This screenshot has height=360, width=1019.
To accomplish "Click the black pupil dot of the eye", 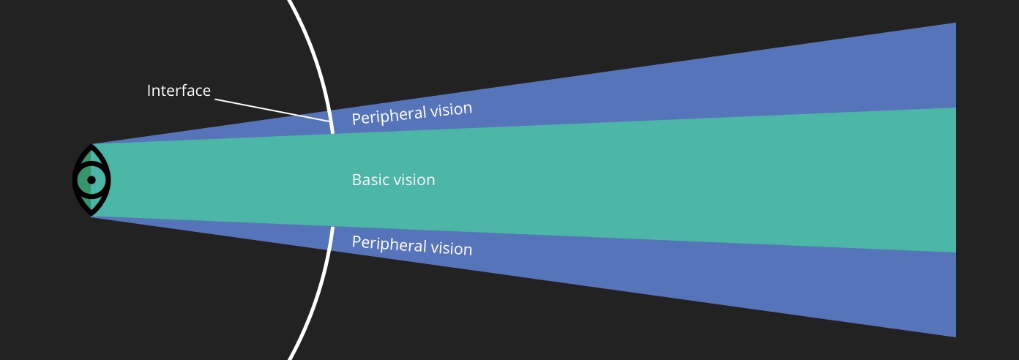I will click(92, 179).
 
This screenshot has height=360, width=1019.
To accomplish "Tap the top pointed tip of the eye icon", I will click(92, 146).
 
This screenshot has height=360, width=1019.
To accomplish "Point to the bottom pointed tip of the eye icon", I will click(92, 214).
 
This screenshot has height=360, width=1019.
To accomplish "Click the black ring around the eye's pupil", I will click(92, 170).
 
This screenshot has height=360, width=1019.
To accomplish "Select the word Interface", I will click(179, 91).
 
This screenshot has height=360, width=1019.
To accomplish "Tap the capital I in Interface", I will click(149, 91).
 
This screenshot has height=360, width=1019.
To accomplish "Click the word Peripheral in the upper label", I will click(385, 115).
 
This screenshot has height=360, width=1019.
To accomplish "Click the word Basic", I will click(371, 179).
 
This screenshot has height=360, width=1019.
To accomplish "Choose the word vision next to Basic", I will click(415, 179).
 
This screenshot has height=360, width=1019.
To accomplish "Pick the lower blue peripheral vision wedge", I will click(732, 278).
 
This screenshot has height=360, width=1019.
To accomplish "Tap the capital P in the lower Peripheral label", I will click(357, 241).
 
